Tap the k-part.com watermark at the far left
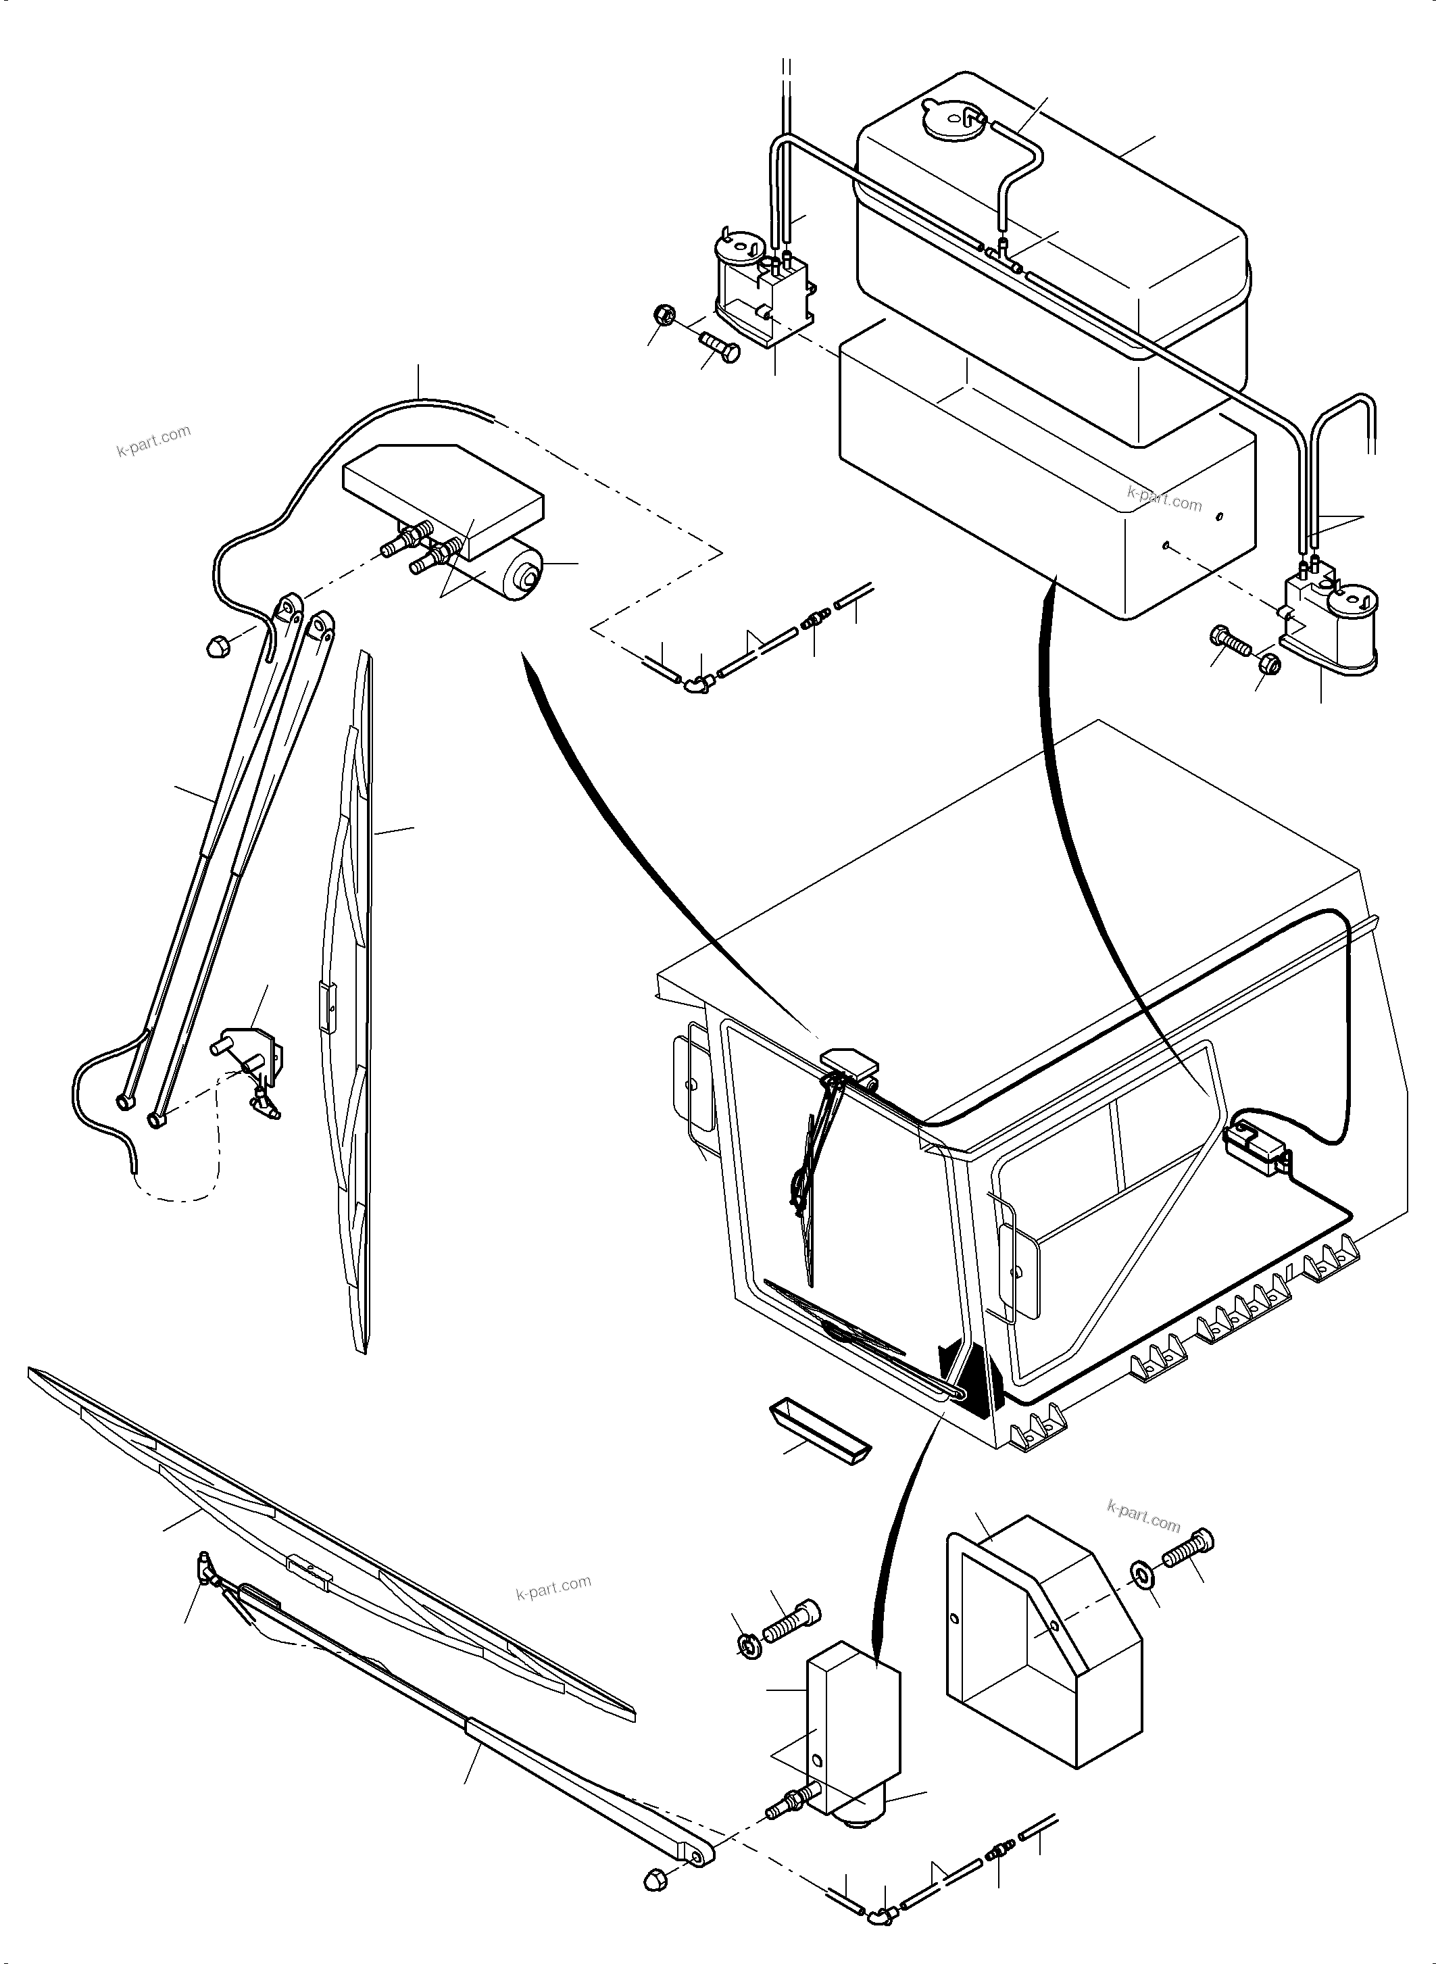(152, 441)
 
